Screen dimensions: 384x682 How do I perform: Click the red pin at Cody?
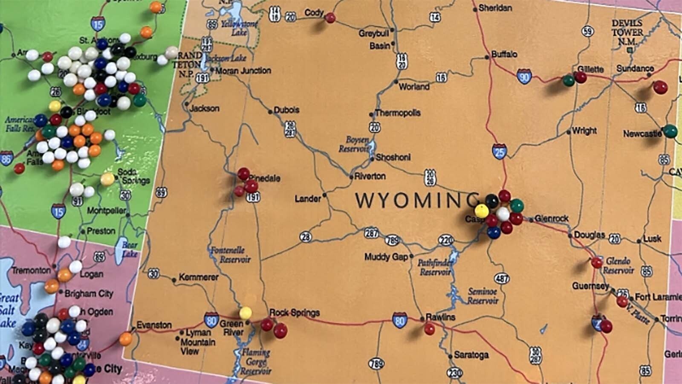click(x=330, y=18)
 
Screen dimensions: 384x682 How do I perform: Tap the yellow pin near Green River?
click(x=246, y=313)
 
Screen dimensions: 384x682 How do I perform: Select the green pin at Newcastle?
click(x=670, y=131)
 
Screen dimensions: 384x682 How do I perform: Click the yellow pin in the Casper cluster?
click(x=482, y=210)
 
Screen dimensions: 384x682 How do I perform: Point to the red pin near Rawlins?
click(x=430, y=329)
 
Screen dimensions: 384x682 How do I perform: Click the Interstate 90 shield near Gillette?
click(x=524, y=77)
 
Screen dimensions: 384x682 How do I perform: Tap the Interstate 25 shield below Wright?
click(x=499, y=151)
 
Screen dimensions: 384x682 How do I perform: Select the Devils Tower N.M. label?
click(x=627, y=32)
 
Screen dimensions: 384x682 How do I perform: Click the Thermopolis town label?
click(x=397, y=113)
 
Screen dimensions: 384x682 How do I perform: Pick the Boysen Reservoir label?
click(x=354, y=144)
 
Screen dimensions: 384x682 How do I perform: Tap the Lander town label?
click(x=308, y=198)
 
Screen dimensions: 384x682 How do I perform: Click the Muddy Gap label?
click(x=386, y=257)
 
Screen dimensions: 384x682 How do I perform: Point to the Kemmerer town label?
click(x=199, y=277)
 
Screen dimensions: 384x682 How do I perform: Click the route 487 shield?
click(x=502, y=279)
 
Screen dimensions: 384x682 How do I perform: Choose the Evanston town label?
click(x=154, y=325)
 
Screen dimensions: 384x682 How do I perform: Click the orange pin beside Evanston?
click(x=126, y=339)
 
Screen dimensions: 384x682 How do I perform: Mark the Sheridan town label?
click(x=495, y=8)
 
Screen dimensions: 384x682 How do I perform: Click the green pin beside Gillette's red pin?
click(x=568, y=80)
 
